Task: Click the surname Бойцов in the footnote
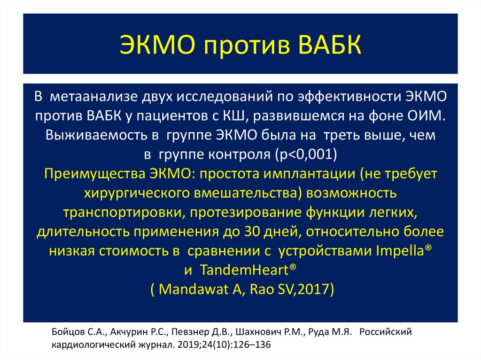point(64,332)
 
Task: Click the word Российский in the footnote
point(387,332)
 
